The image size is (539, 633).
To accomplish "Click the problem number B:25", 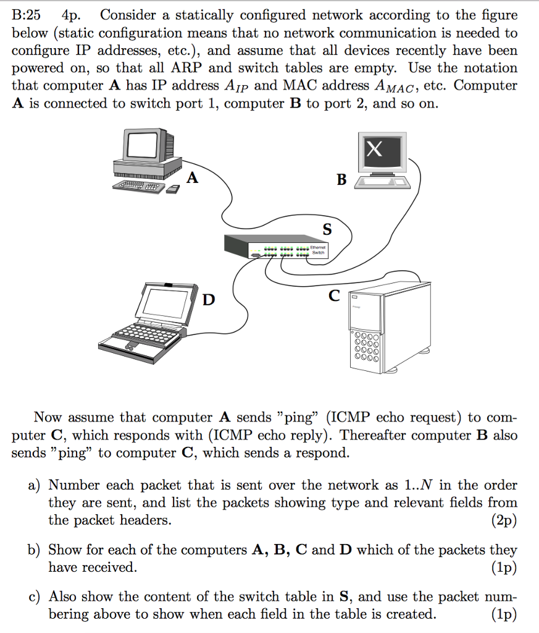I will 26,15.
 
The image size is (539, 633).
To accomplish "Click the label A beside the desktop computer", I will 193,179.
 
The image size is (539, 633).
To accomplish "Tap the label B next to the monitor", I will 341,180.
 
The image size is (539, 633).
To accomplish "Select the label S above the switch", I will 327,230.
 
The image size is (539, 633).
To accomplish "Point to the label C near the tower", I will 334,296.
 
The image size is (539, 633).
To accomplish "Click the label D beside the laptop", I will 210,300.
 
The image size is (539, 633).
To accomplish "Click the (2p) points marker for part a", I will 504,520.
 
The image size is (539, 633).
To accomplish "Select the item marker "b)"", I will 35,550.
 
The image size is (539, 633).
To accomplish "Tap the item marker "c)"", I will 35,597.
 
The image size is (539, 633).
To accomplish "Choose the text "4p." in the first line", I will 73,15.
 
